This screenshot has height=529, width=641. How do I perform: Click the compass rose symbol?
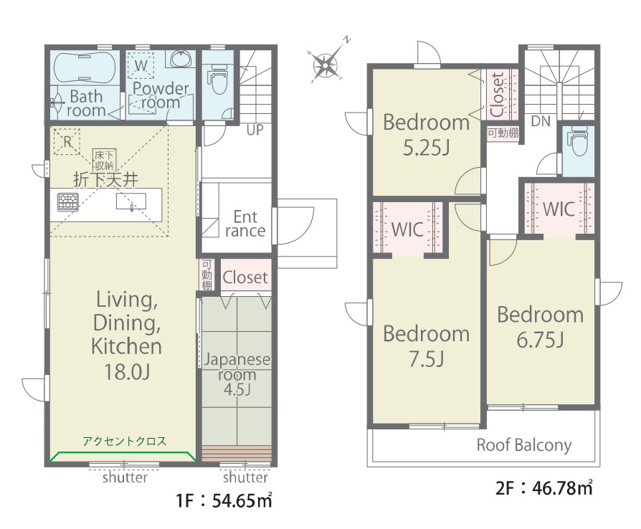point(326,65)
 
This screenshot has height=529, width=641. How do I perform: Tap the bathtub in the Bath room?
point(85,68)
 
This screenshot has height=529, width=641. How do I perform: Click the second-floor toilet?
point(577,141)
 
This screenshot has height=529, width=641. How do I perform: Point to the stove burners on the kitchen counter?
point(67,202)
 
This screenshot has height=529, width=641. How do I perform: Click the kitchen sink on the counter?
point(130,201)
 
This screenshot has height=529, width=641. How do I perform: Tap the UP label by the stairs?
point(255,130)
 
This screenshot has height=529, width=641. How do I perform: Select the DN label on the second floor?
point(541,121)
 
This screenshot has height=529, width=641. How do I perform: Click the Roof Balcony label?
point(524,445)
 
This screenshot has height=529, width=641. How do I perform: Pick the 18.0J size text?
point(127,371)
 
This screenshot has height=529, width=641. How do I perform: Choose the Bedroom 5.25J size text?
point(427,147)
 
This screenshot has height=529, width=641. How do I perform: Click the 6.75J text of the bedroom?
point(541,339)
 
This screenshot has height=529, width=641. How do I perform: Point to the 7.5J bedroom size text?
point(427,358)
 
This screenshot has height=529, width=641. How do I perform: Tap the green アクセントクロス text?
point(125,441)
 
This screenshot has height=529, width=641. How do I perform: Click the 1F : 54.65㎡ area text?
point(224,500)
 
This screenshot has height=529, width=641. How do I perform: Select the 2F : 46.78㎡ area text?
point(543,487)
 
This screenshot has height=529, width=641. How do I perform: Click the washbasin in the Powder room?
point(180,59)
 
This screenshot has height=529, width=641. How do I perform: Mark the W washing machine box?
point(141,65)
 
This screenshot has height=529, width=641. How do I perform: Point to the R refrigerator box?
point(67,141)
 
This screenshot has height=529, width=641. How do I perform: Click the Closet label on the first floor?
point(245,277)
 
